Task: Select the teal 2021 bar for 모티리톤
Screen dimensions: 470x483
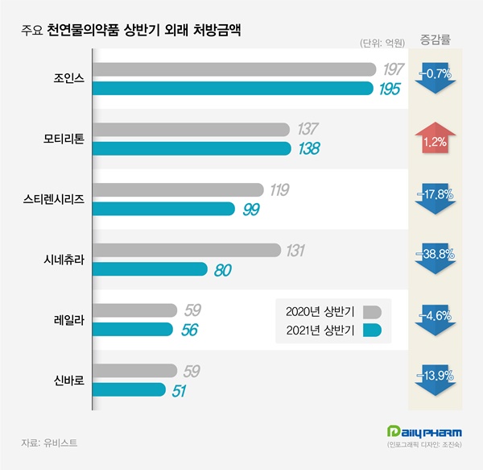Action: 192,148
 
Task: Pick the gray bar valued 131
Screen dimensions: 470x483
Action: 188,251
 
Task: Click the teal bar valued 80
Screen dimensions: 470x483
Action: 151,270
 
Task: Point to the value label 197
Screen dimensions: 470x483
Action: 394,69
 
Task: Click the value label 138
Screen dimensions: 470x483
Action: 309,149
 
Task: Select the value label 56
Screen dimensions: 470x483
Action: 190,330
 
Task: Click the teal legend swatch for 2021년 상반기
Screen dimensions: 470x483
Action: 372,331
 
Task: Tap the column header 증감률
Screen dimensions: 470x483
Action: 436,38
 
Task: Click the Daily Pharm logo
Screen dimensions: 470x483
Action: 427,433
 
